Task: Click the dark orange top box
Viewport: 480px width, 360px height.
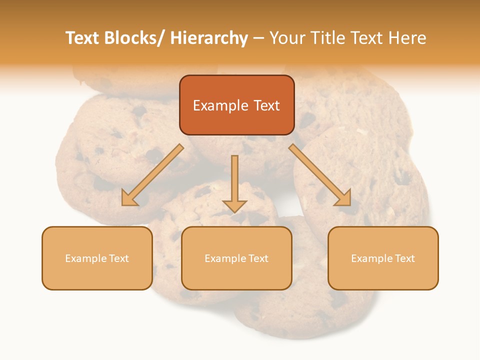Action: pyautogui.click(x=236, y=105)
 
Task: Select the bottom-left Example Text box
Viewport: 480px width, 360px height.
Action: pyautogui.click(x=97, y=258)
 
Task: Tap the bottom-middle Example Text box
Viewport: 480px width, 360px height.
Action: pyautogui.click(x=236, y=258)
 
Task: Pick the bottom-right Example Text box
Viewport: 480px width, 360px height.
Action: pyautogui.click(x=383, y=258)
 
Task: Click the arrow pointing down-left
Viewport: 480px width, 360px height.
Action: pyautogui.click(x=152, y=175)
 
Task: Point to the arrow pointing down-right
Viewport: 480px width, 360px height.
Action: pyautogui.click(x=320, y=175)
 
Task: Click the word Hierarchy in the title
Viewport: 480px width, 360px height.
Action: pyautogui.click(x=209, y=38)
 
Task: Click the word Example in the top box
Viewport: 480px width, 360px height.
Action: pyautogui.click(x=220, y=105)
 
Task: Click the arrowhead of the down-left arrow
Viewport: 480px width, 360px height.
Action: pyautogui.click(x=129, y=198)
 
